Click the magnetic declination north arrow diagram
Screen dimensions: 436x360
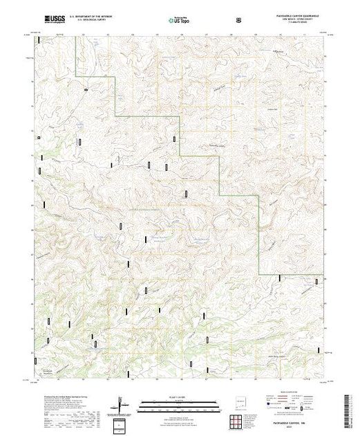tap(122, 403)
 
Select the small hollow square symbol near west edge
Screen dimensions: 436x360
tap(39, 136)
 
